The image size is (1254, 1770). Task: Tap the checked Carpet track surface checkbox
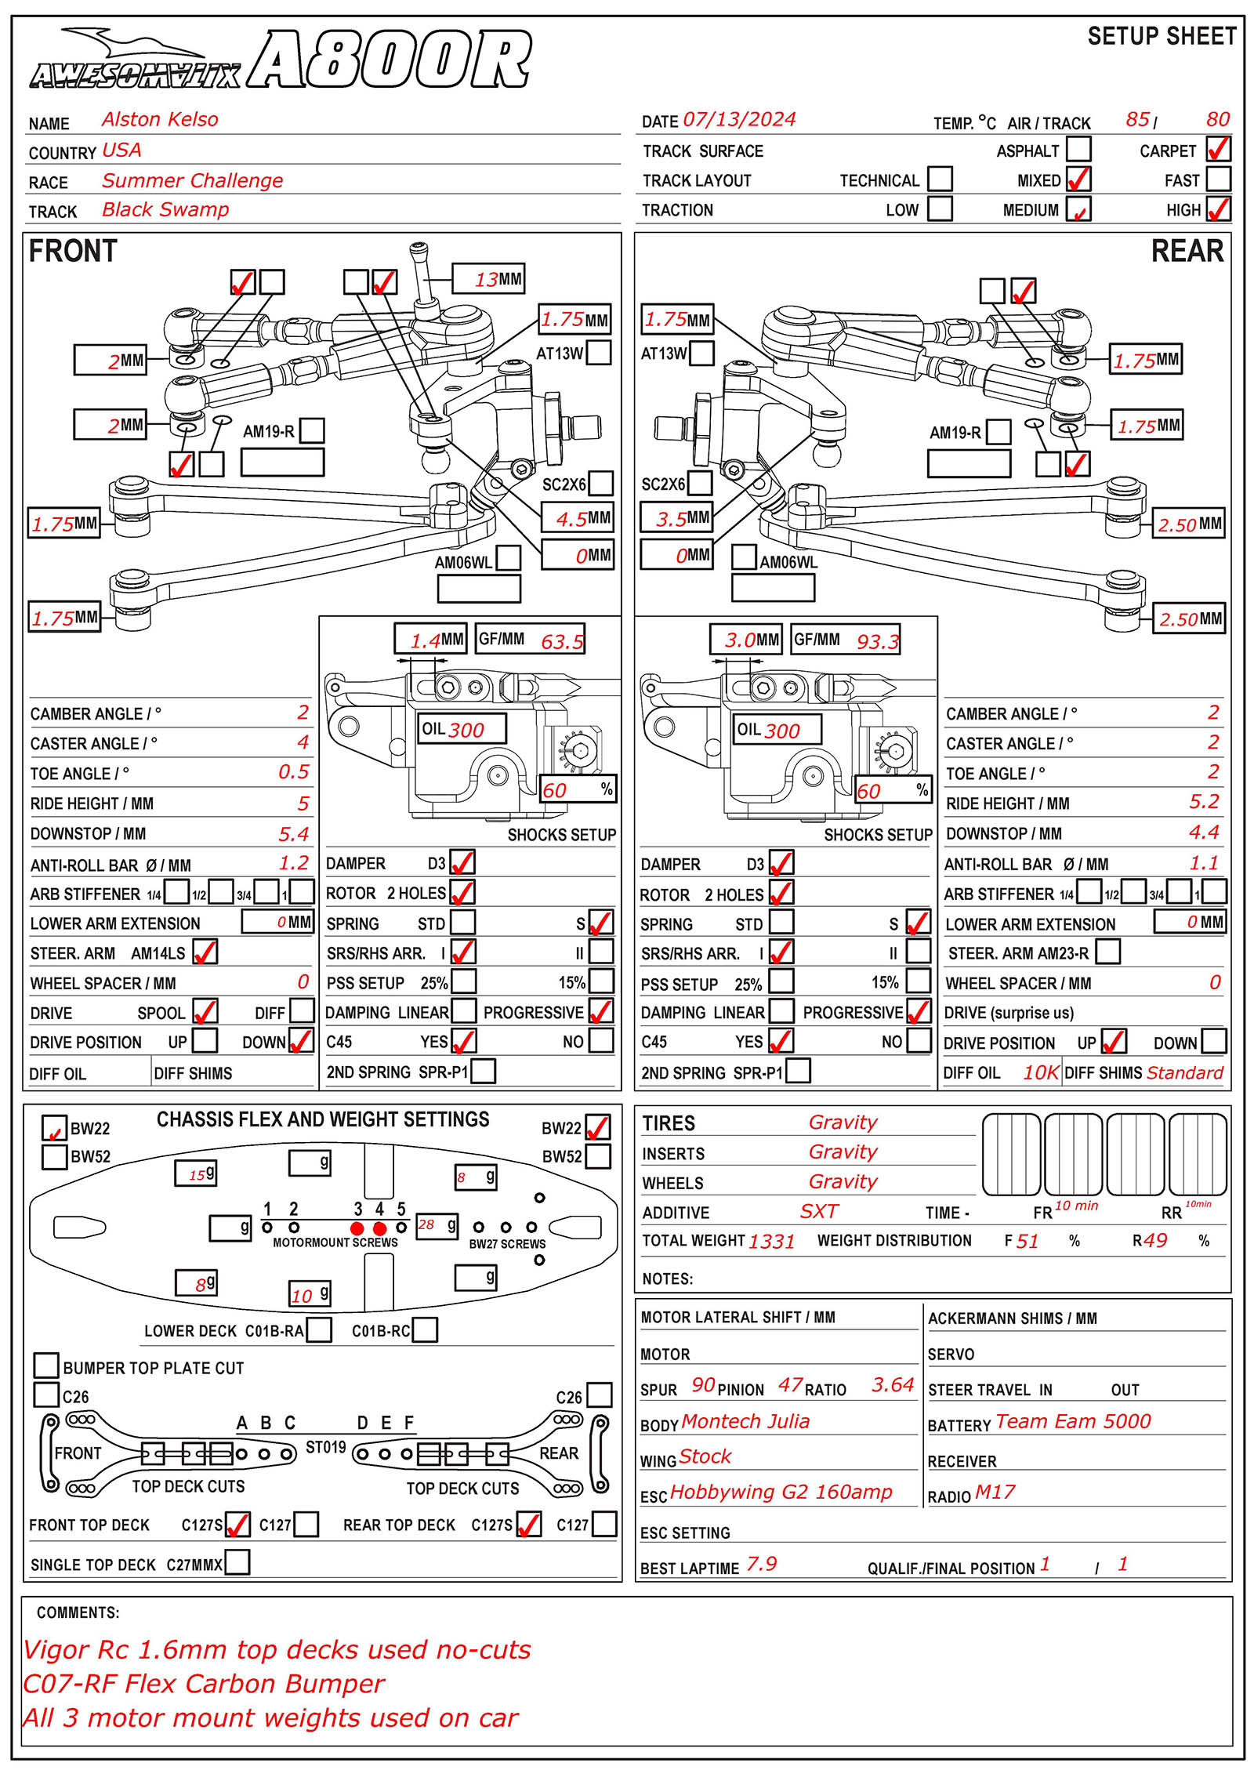click(1218, 148)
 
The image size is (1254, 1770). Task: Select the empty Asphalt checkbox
click(1078, 148)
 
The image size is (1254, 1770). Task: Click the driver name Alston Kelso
click(160, 119)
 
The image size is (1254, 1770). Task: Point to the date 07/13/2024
click(739, 119)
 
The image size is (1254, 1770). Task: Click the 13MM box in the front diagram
click(487, 279)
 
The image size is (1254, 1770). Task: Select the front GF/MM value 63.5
click(562, 642)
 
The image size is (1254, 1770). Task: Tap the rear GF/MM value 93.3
click(877, 642)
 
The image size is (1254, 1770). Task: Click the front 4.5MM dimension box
click(578, 518)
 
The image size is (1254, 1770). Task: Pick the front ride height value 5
click(303, 803)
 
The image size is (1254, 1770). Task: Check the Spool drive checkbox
click(205, 1011)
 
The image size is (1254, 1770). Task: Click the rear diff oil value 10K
click(1041, 1072)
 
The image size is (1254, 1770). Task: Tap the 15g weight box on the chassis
click(195, 1173)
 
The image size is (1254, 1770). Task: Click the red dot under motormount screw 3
click(357, 1228)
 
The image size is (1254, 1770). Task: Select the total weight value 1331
click(771, 1241)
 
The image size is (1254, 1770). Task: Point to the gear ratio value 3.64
click(893, 1385)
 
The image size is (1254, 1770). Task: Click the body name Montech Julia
click(745, 1421)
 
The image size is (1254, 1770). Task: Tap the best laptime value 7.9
click(761, 1564)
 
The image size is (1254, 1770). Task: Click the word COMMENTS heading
click(78, 1612)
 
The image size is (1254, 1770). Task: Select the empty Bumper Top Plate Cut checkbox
click(46, 1365)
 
